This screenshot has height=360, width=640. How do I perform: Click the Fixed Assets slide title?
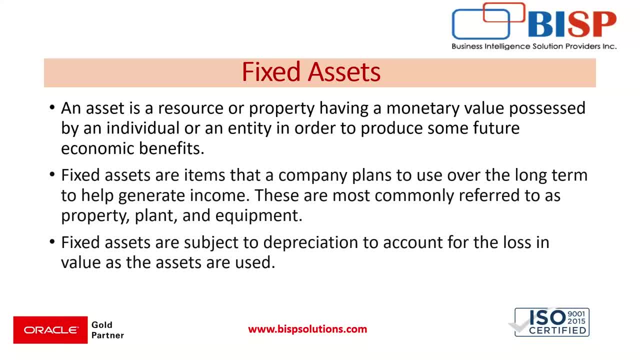point(311,72)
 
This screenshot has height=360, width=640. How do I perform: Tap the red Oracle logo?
point(50,330)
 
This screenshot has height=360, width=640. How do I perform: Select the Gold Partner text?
point(107,330)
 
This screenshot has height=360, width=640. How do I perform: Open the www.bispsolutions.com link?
point(307,329)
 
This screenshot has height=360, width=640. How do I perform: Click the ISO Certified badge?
point(551,322)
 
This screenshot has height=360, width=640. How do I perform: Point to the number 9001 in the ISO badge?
point(576,314)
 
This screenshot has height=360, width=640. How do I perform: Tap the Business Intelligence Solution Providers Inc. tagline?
point(534,46)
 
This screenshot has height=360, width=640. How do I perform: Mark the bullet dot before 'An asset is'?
point(52,108)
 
